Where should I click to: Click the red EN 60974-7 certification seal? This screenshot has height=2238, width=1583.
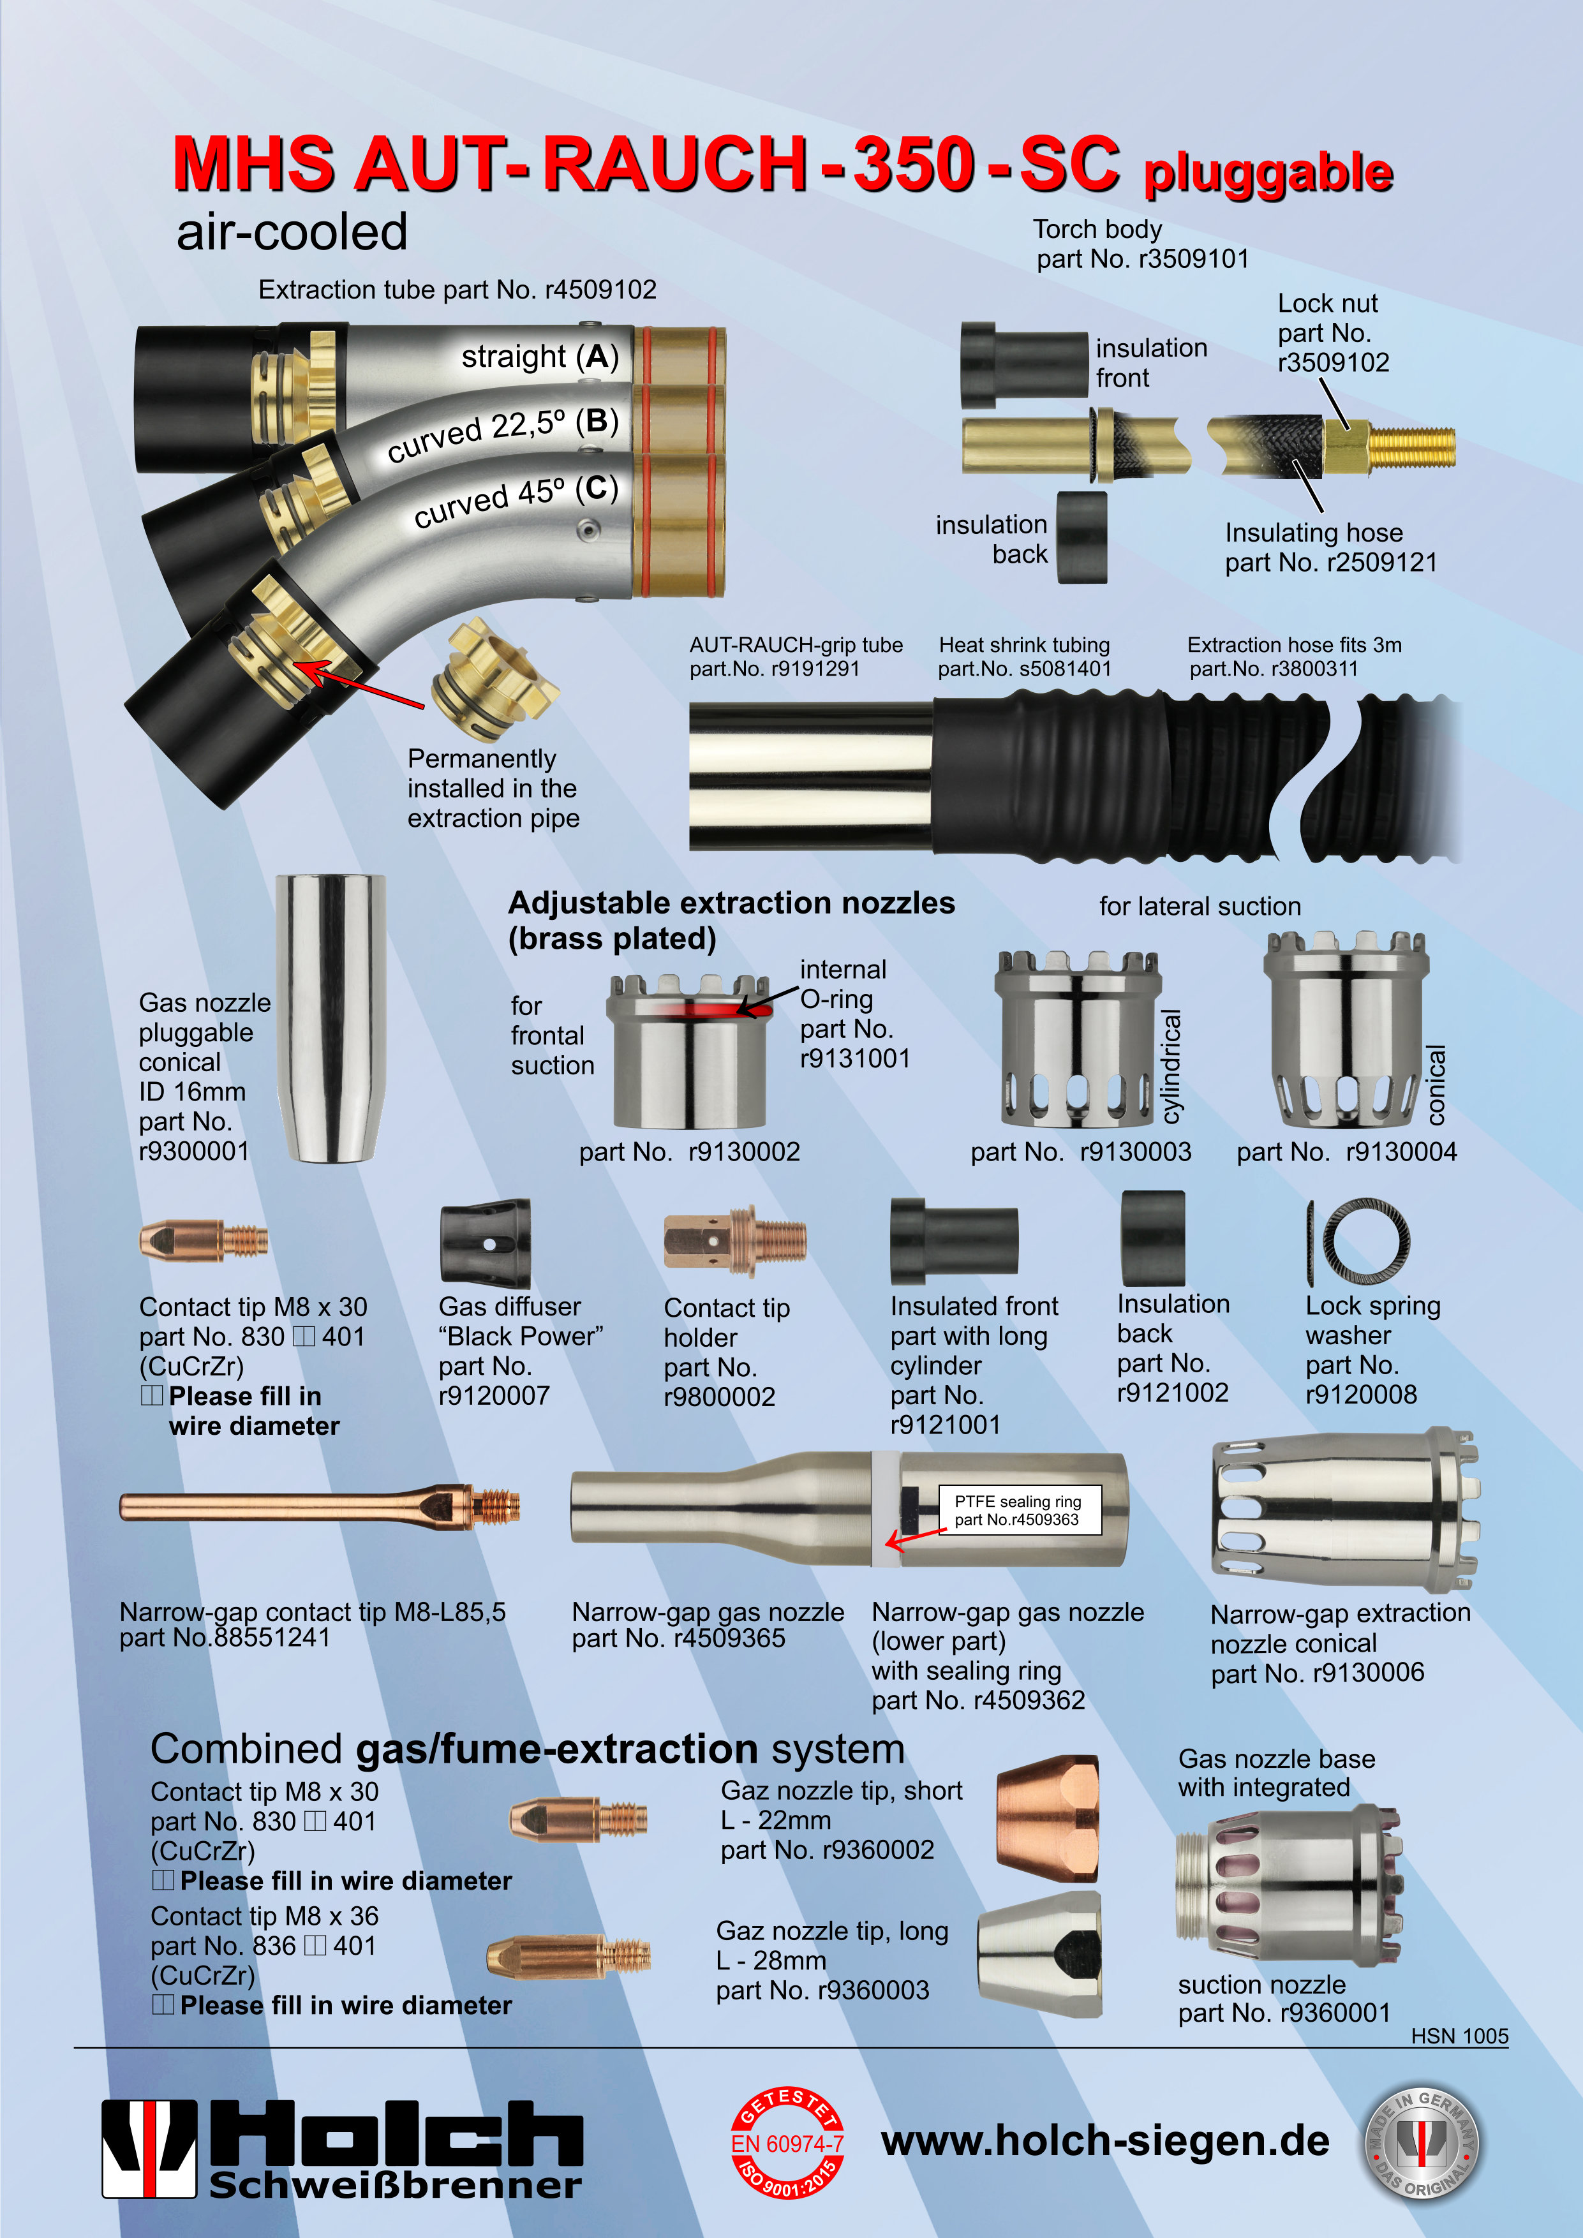[787, 2144]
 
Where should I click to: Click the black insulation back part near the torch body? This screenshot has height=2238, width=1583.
[1082, 536]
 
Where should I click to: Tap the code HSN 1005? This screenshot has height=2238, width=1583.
[1459, 2036]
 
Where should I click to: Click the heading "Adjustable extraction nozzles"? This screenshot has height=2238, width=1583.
[731, 903]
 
